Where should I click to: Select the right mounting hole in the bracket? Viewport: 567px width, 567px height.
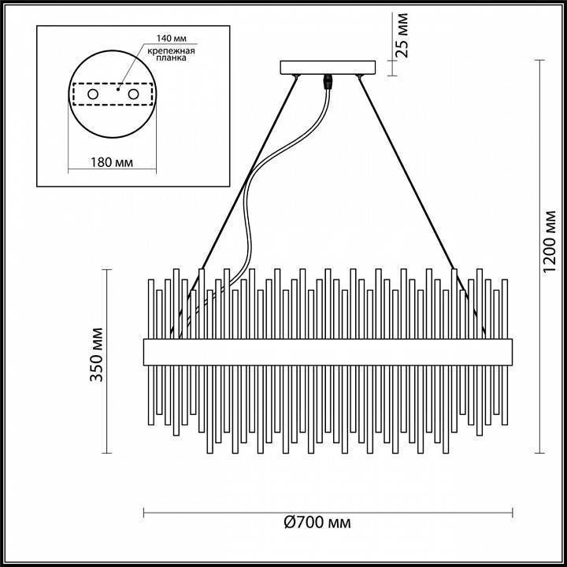tap(134, 94)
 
